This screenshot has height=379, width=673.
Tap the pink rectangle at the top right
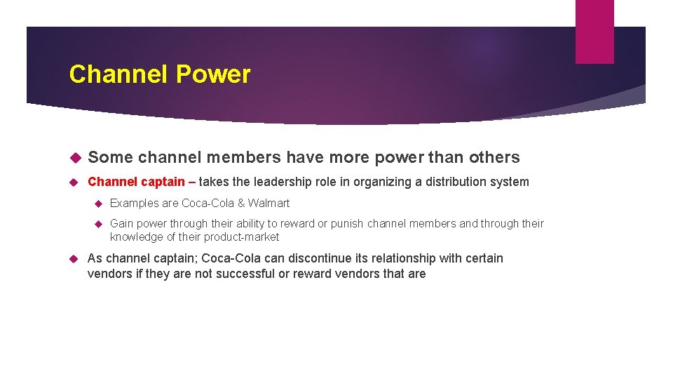point(594,32)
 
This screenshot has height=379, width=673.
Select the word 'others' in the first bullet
point(494,157)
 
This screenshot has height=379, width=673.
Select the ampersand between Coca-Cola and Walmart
point(240,204)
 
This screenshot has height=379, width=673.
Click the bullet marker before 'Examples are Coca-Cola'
point(98,204)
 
